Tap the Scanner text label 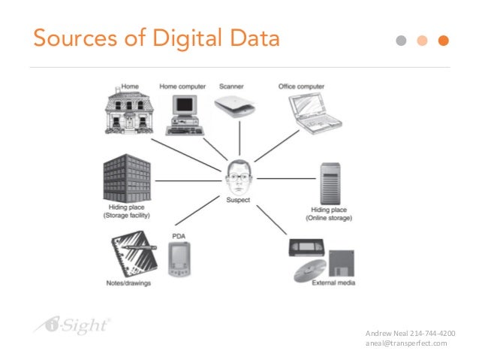230,86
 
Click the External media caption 330,283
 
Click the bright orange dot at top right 444,40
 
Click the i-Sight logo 72,325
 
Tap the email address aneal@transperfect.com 405,343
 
